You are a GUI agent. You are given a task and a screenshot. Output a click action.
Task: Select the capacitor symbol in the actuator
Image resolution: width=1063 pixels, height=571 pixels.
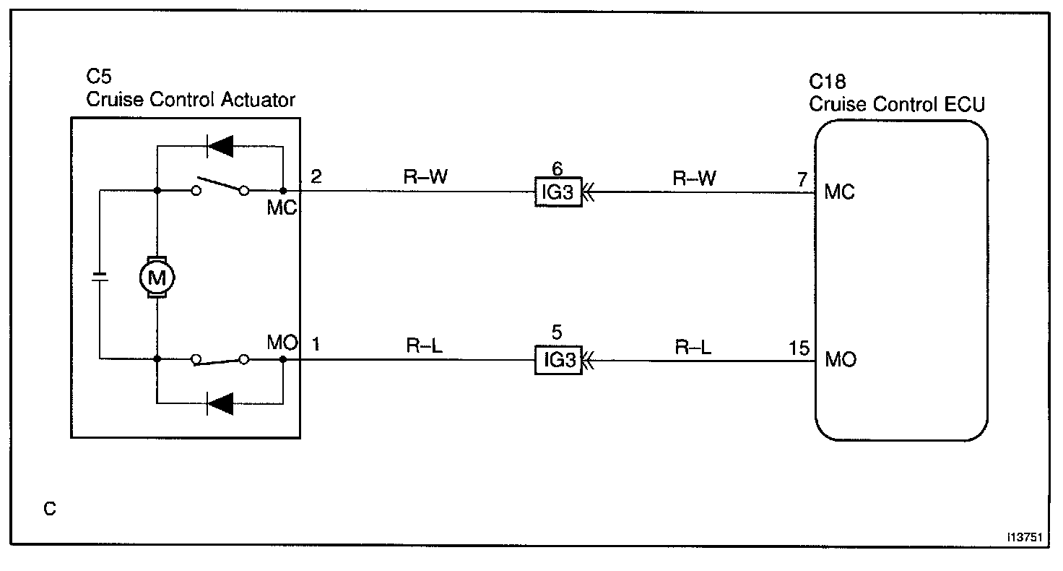click(99, 276)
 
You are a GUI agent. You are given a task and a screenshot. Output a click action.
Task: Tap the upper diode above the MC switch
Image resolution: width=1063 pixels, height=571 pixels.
click(219, 146)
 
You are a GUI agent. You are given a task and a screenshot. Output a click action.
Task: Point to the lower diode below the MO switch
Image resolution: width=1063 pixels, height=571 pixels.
click(219, 403)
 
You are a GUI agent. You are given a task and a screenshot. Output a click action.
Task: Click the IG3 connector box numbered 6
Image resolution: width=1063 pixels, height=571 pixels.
click(557, 192)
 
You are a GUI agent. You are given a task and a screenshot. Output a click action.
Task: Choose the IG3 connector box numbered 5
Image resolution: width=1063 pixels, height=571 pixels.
click(557, 359)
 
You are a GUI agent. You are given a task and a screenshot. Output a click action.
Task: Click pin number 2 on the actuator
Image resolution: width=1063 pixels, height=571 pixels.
click(316, 176)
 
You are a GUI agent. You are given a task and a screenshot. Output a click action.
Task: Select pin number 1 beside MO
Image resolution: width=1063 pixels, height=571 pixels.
click(316, 343)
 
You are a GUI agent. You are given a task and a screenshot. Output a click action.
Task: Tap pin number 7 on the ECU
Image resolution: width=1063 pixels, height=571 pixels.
click(802, 179)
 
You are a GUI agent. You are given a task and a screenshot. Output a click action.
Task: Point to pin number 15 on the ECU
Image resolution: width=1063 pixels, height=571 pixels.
click(800, 347)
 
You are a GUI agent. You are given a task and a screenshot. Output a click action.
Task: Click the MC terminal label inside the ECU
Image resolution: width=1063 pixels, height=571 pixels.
click(839, 192)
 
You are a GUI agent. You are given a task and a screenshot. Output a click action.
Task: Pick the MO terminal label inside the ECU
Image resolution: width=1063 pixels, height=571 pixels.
click(840, 359)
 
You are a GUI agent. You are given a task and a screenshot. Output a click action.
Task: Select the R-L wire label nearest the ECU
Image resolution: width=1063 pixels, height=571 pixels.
click(693, 347)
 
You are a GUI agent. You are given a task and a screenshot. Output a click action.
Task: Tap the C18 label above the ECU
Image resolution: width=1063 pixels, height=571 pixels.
click(827, 82)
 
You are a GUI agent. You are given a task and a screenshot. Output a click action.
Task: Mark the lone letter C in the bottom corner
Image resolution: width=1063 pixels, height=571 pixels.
click(49, 509)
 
